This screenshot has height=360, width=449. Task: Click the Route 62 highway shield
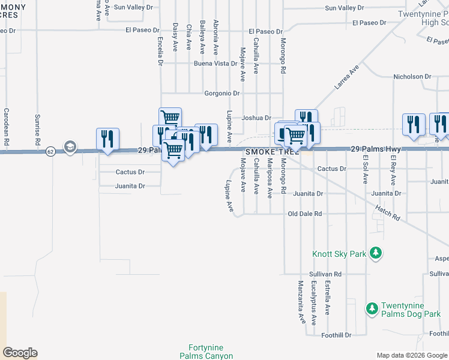tap(50, 152)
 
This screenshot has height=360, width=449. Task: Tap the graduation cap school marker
tap(70, 147)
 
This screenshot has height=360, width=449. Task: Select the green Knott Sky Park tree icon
tap(376, 253)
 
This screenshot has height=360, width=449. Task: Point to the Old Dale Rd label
tap(305, 214)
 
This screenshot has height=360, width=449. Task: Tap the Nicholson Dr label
tap(412, 77)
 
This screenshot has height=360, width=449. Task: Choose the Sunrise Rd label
tap(37, 131)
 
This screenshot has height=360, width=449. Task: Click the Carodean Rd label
tap(7, 128)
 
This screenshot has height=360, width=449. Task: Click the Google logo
tap(20, 353)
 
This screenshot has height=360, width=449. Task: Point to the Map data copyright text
tap(411, 355)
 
